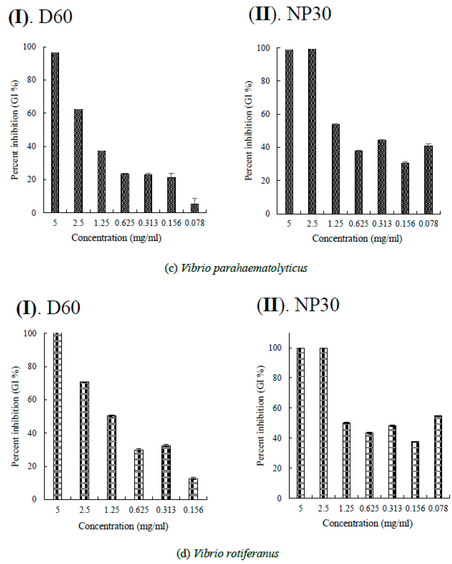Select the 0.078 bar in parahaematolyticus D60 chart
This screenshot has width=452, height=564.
pos(195,208)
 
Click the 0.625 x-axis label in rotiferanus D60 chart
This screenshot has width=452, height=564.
pos(139,510)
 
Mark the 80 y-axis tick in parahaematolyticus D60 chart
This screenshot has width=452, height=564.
pos(32,80)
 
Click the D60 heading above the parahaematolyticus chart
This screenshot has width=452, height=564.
pos(55,17)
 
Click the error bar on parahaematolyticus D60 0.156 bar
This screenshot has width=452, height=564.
pos(171,175)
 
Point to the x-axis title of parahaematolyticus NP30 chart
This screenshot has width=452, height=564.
pos(357,239)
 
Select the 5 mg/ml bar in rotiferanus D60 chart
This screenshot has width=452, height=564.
pos(57,416)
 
